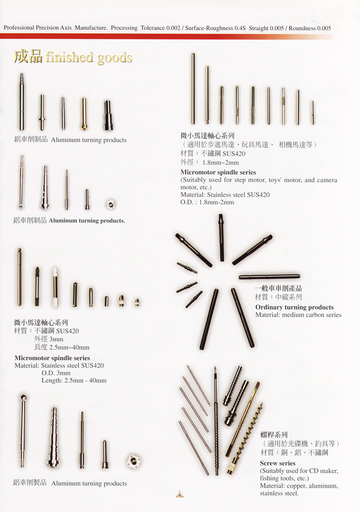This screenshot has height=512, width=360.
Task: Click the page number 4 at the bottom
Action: point(180,494)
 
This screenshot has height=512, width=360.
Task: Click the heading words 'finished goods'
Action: point(89,57)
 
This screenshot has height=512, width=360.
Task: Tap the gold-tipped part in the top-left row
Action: point(84,114)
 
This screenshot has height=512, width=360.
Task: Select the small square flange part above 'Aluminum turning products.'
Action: point(111,204)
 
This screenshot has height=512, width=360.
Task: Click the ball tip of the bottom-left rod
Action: point(22,398)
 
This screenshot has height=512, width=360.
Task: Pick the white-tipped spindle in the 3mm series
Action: point(55,287)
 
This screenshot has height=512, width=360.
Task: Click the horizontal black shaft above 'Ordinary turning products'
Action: point(269,277)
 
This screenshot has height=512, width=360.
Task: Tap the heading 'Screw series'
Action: point(278,463)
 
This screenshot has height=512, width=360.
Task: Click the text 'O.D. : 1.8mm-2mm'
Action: point(207,202)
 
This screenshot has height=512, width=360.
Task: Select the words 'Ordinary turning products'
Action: point(294,307)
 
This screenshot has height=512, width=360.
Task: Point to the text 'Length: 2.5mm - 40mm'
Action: point(74,380)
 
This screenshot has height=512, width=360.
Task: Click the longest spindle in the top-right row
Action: point(193,89)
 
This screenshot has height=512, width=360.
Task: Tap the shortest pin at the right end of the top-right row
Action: point(313,113)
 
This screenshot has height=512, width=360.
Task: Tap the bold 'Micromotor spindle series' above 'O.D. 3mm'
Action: point(52,358)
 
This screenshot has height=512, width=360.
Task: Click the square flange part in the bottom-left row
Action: point(134,461)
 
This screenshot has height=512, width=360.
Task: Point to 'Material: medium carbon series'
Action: point(298,315)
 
